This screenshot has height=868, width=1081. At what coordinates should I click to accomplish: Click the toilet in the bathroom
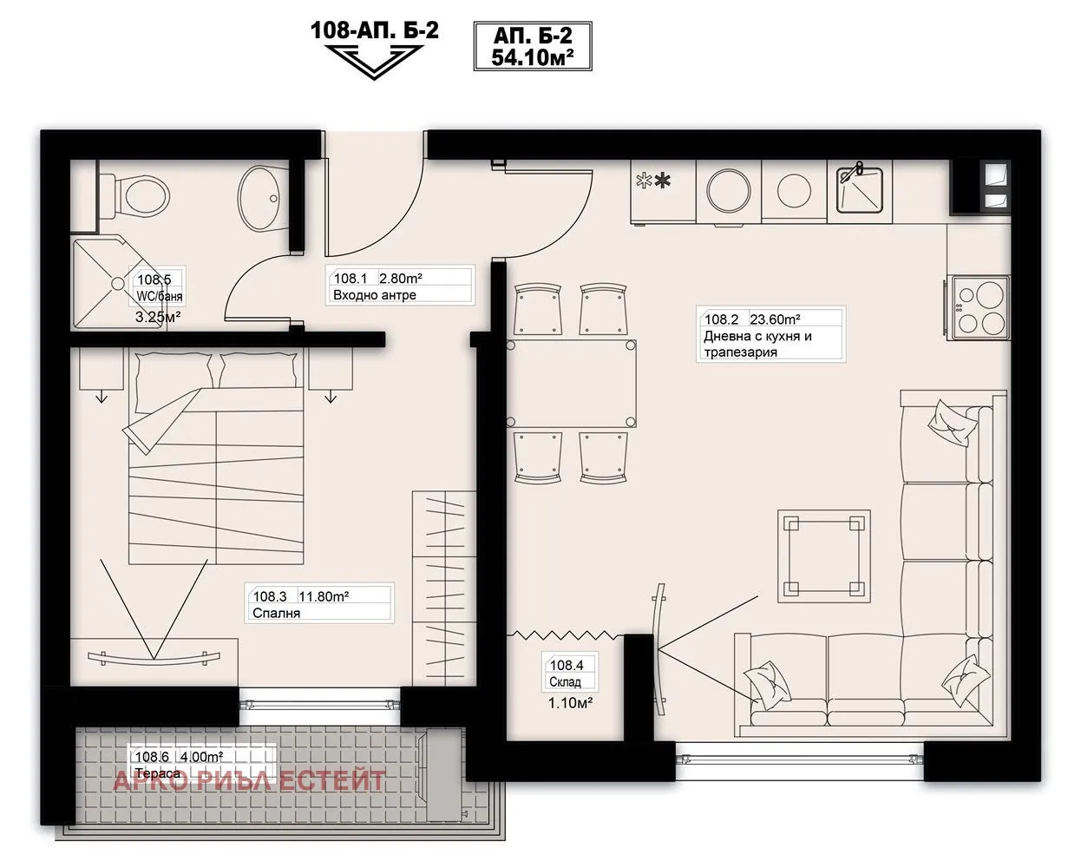(134, 196)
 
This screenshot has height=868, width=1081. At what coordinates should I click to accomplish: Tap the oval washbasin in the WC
(259, 198)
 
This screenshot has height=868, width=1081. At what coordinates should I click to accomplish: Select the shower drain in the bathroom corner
(118, 284)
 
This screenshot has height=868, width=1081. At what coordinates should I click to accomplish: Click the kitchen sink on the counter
(859, 189)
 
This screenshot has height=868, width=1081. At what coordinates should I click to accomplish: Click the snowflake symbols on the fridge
(653, 181)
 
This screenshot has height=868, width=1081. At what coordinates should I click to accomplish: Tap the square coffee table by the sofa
(824, 556)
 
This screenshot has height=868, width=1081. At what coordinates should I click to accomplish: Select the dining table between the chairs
(571, 384)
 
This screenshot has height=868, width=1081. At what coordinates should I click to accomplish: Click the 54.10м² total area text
(533, 58)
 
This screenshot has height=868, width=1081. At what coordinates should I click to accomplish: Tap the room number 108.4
(567, 665)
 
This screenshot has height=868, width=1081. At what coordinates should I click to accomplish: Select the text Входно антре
(375, 295)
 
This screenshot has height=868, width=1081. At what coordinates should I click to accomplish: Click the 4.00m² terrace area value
(202, 756)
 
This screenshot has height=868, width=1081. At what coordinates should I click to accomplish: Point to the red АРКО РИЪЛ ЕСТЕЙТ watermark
(250, 780)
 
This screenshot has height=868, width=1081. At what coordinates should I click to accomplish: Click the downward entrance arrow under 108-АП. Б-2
(374, 62)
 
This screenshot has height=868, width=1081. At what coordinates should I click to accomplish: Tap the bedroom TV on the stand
(154, 657)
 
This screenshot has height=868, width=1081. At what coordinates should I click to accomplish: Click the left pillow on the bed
(174, 371)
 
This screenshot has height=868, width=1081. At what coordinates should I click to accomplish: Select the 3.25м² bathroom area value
(158, 317)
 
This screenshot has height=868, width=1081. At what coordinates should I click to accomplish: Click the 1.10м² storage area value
(570, 702)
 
